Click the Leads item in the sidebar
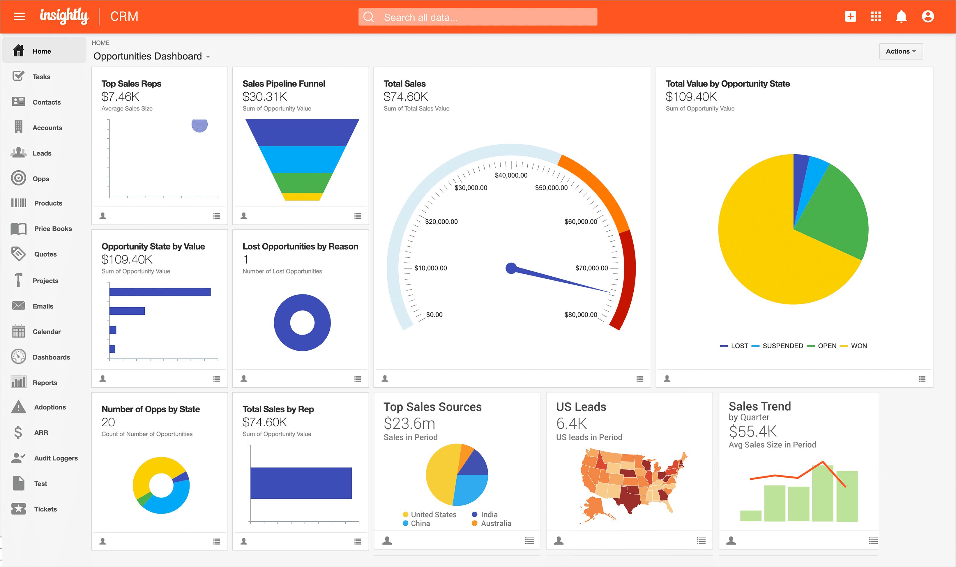pos(42,153)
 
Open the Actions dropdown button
pos(901,51)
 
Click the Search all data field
pos(478,17)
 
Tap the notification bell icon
pos(901,16)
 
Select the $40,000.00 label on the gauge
pos(511,175)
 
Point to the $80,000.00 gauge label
pos(581,315)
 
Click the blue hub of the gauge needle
pos(511,268)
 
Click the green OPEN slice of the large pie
pos(833,214)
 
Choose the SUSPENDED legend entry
pos(782,346)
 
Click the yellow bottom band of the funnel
pos(302,197)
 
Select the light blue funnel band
pos(302,159)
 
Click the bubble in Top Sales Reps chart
pos(199,125)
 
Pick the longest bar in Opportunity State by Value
pos(160,292)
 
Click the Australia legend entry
pos(495,523)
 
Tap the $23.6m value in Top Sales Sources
pos(409,423)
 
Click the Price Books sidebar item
pos(53,229)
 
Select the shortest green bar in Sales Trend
pos(750,515)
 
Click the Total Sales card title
pos(404,84)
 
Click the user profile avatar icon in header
pos(927,16)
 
